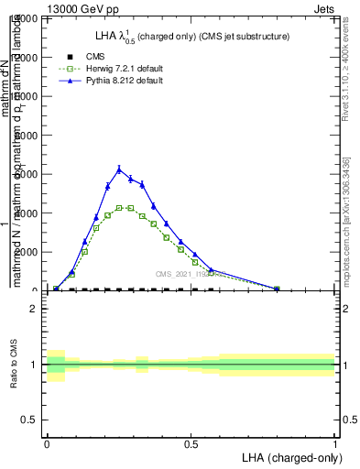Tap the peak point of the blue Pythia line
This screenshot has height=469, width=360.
pos(119,169)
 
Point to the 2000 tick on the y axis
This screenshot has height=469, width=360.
pos(30,252)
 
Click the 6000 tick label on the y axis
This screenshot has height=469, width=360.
pos(30,174)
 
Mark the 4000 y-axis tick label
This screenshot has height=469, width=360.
pos(30,213)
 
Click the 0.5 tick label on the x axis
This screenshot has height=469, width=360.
pos(191,443)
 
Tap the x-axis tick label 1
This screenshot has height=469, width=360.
pos(335,443)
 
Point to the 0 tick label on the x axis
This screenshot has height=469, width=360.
pos(47,443)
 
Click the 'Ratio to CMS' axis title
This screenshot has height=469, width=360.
pos(14,365)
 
